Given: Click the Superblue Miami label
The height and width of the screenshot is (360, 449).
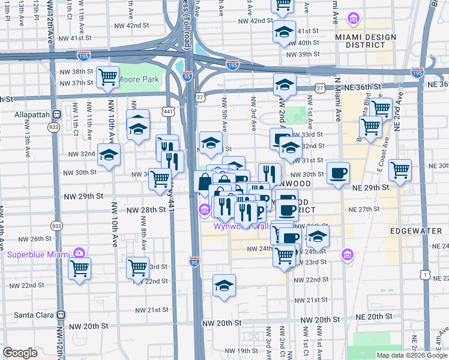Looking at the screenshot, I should point(38,254).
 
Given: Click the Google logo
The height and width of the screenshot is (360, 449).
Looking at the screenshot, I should point(20,353).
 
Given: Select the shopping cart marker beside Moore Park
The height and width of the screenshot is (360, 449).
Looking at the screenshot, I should point(107,76).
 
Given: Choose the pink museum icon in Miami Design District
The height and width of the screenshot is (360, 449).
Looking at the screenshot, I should point(354,19).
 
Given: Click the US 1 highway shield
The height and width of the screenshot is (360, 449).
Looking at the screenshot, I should point(425,274).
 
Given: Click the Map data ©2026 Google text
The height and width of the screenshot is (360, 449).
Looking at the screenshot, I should point(412,355).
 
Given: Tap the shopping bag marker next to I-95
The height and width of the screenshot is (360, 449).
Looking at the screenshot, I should point(205,182).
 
